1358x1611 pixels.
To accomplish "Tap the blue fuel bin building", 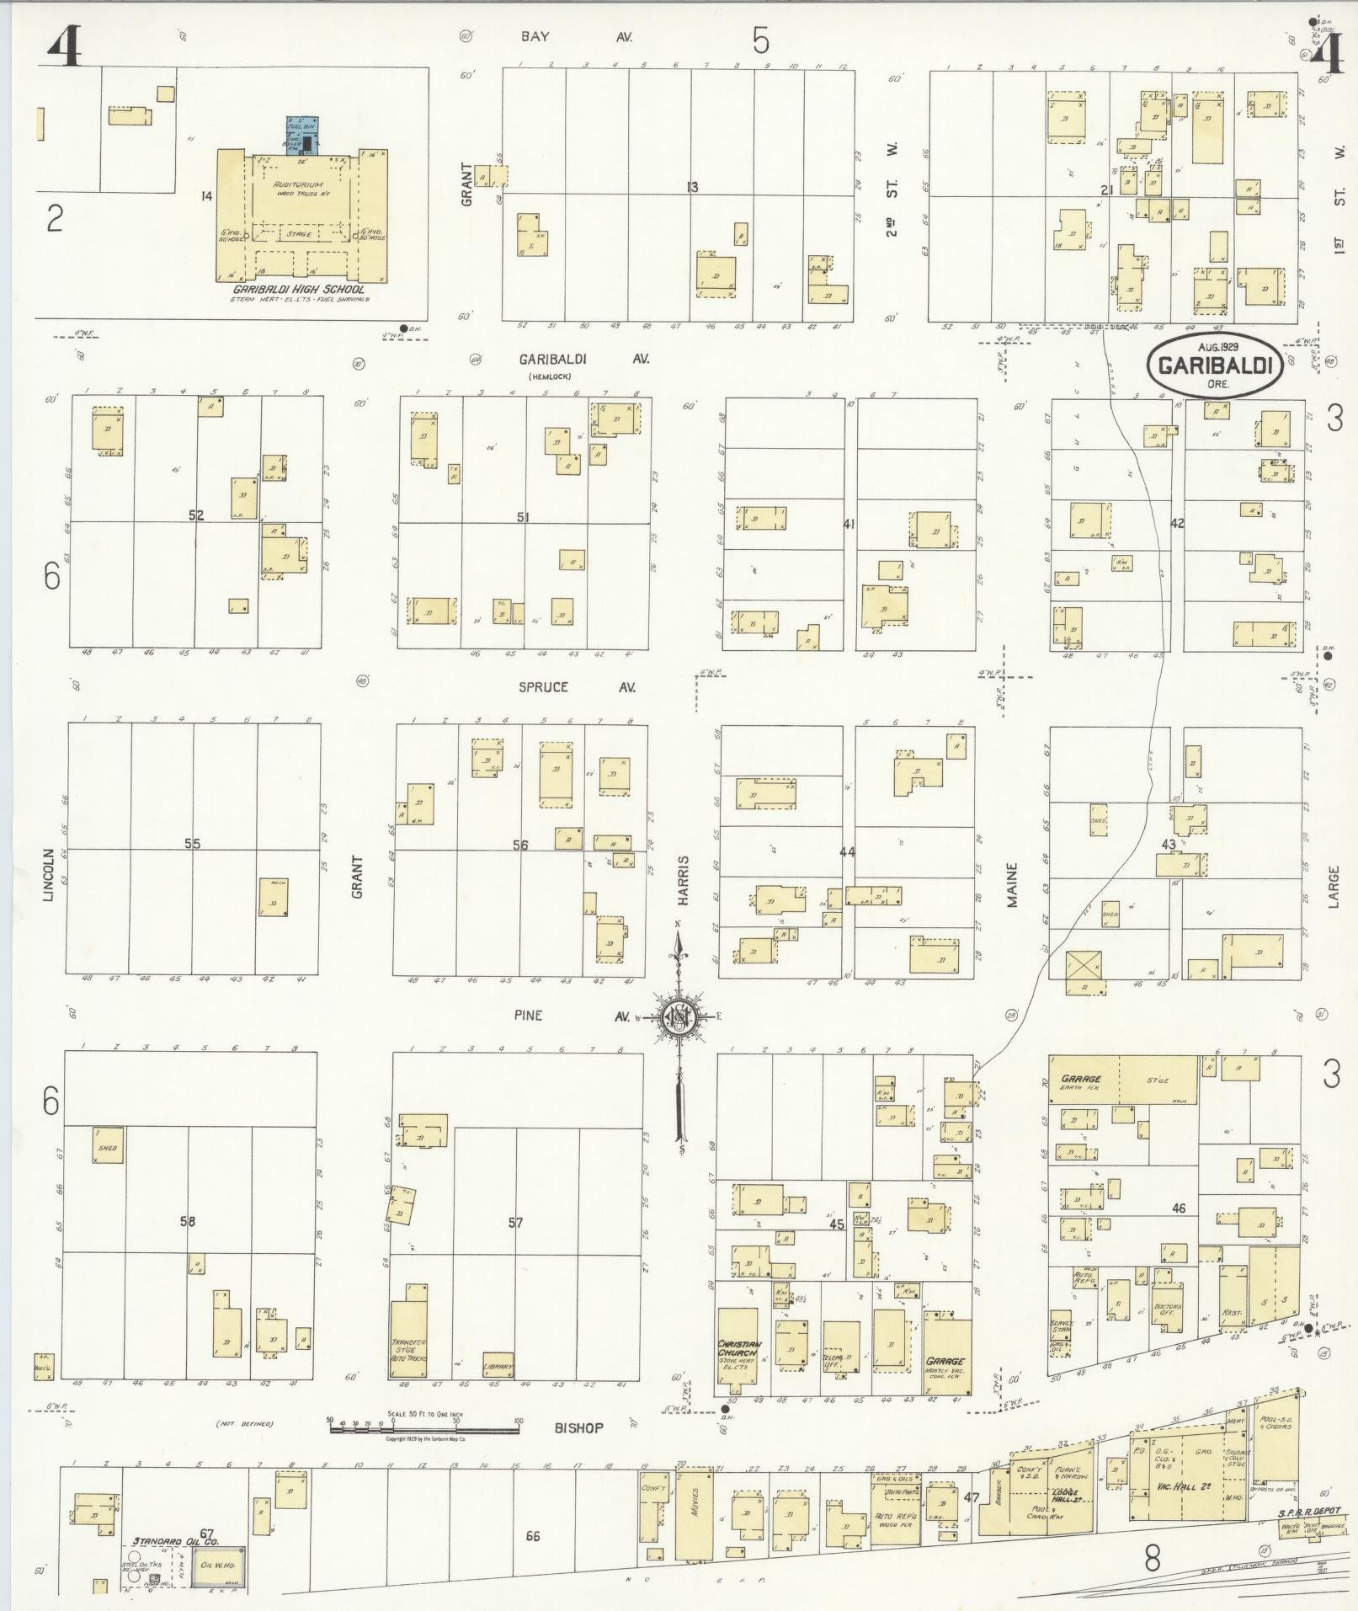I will tap(304, 135).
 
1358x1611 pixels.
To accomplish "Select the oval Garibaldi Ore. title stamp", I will tap(1215, 365).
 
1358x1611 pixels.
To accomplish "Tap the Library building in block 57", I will tap(498, 1364).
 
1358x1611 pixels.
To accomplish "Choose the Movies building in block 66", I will tap(695, 1513).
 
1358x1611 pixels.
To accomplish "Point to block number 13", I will tap(692, 186).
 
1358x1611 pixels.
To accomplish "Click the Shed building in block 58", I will tap(108, 1147).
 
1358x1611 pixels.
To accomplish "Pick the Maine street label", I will tap(1012, 884).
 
